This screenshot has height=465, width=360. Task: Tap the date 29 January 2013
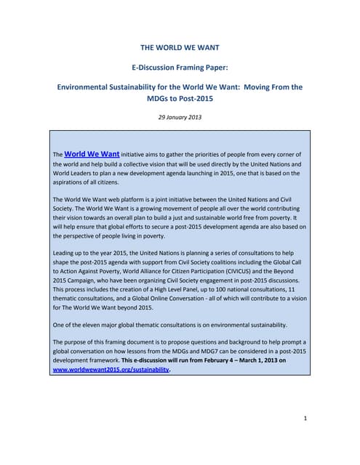point(179,117)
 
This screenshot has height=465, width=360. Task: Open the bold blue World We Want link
point(92,154)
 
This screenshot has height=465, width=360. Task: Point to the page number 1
point(306,418)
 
